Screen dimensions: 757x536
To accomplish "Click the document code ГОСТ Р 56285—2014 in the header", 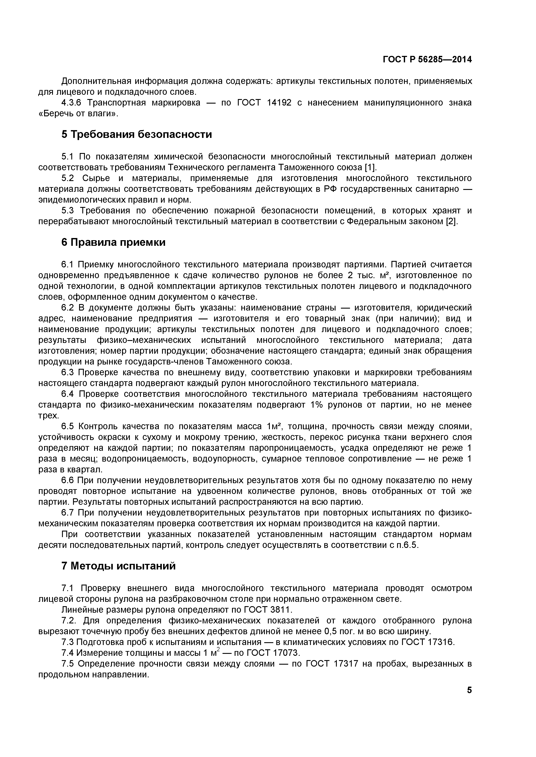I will [427, 59].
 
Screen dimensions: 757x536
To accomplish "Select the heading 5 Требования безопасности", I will [137, 134].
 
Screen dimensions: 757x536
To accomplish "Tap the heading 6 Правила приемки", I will [113, 242].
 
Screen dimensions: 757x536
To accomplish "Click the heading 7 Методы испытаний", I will [118, 566].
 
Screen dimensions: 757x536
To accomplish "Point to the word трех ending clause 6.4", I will [48, 416].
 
